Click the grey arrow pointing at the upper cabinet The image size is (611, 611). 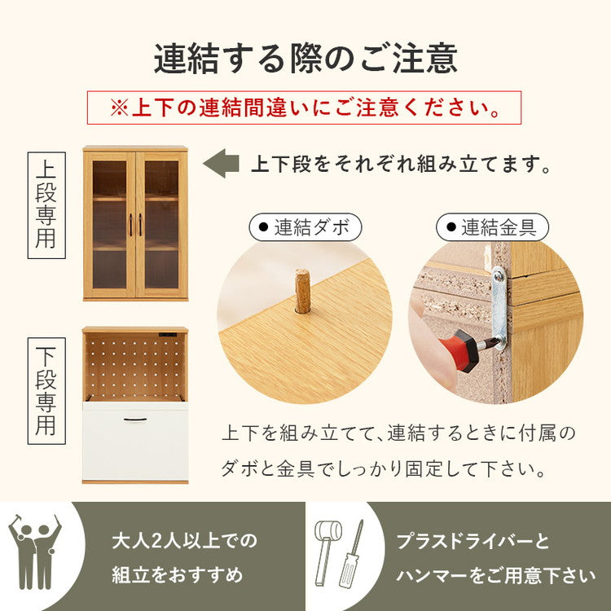[219, 164]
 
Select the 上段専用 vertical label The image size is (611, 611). [46, 205]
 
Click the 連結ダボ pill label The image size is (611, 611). [305, 228]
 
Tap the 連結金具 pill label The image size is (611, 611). [492, 228]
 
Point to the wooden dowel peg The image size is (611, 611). [302, 291]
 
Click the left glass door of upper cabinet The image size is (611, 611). [109, 223]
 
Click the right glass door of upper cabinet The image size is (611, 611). [161, 223]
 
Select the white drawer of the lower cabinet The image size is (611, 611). [135, 441]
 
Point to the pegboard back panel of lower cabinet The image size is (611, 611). [135, 366]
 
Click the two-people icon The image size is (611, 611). [34, 551]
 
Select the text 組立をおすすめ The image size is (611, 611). [177, 575]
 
